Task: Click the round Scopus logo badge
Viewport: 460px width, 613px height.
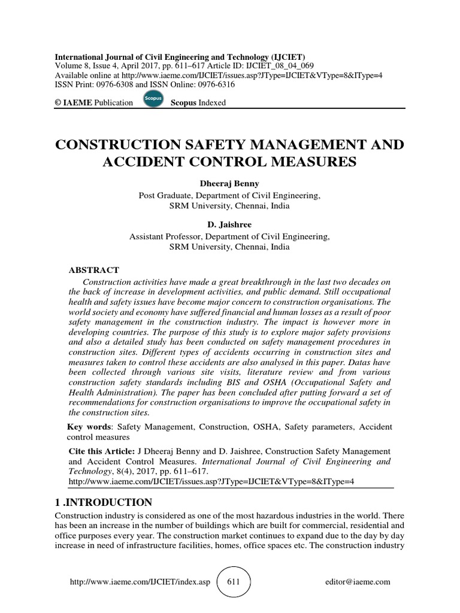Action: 154,99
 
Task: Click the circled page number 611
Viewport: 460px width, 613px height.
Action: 233,581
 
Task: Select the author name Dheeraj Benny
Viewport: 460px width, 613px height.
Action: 230,184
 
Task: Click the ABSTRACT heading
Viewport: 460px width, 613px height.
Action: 94,270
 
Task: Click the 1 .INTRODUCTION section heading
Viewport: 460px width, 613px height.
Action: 104,502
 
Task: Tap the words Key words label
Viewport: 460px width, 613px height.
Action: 89,426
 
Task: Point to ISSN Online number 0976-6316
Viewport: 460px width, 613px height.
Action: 213,84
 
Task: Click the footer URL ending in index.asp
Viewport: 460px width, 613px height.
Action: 141,581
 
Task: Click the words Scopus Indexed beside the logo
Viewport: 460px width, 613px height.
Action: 198,102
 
